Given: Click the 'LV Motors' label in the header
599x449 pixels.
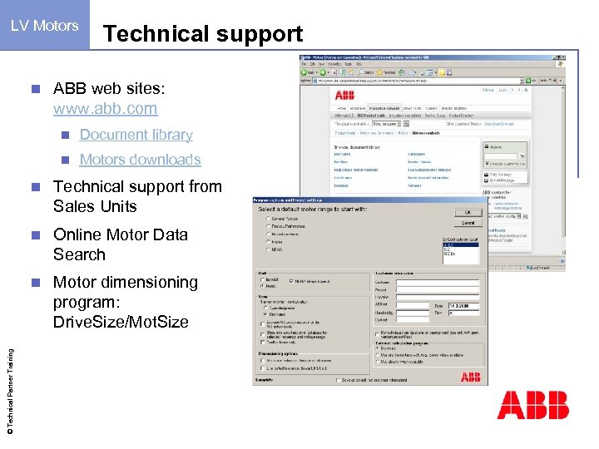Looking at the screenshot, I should [x=45, y=26].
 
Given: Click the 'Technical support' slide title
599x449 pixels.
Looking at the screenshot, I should [x=202, y=34].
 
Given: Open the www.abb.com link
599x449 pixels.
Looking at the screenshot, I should [x=105, y=108].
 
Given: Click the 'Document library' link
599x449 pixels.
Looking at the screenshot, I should [x=136, y=135].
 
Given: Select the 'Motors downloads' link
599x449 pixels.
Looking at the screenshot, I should [x=140, y=160].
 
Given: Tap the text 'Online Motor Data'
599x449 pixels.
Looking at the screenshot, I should [x=121, y=234].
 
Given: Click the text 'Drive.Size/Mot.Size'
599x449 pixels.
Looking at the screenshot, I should [x=121, y=322].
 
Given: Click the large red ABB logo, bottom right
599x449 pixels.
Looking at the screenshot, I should [x=532, y=405].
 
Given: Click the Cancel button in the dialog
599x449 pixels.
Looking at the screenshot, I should [x=468, y=223].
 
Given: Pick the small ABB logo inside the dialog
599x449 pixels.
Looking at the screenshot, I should [x=470, y=378].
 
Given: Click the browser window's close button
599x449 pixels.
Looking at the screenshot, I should [x=562, y=61].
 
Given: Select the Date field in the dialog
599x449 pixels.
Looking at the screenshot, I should [x=463, y=307].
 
